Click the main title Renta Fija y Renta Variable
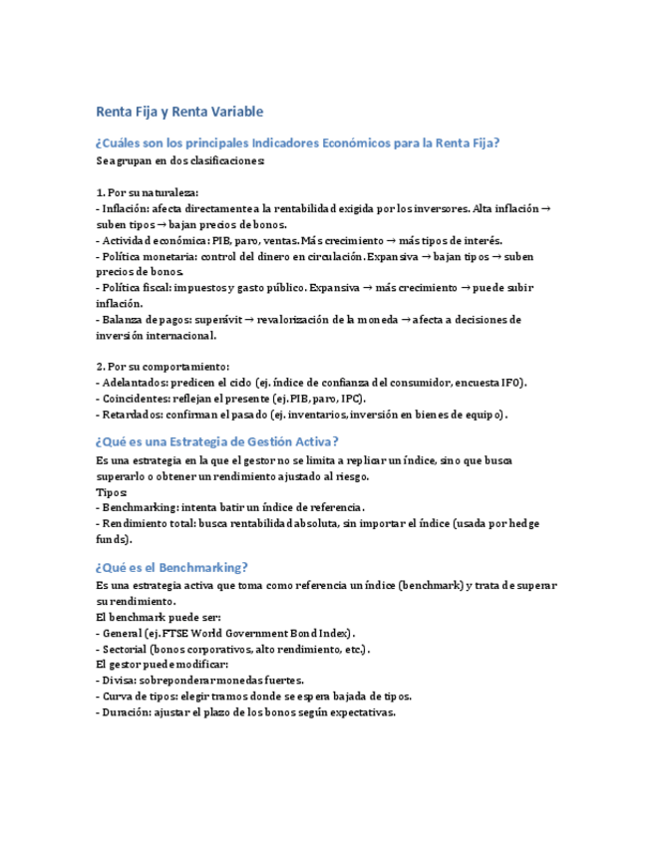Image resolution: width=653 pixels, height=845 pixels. click(x=178, y=112)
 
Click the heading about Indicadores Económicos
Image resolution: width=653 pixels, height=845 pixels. click(x=296, y=143)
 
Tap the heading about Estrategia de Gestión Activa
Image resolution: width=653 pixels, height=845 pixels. click(x=216, y=441)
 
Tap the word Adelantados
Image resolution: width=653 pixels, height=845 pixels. click(x=134, y=383)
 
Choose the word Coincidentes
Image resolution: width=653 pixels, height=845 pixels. click(x=135, y=399)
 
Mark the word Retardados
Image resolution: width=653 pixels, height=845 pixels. click(x=133, y=415)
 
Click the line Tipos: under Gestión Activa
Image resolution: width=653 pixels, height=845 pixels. click(x=112, y=492)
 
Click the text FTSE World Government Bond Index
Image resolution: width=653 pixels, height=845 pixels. click(x=250, y=633)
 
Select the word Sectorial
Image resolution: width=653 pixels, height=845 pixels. click(x=126, y=649)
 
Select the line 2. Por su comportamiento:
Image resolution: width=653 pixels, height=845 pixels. click(x=163, y=367)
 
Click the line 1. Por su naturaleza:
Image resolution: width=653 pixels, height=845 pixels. click(x=148, y=192)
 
